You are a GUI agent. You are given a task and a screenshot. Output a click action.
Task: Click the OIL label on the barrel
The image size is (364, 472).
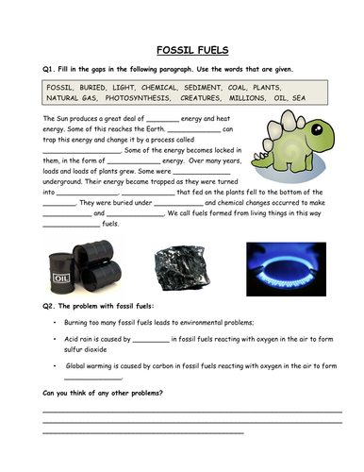pyautogui.click(x=61, y=278)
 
